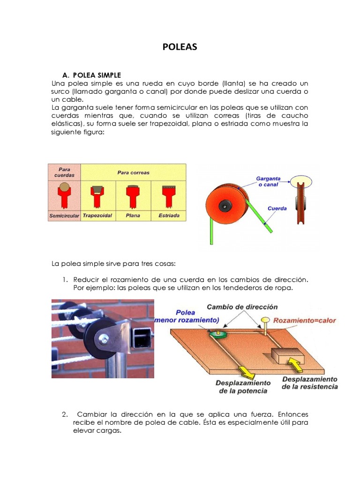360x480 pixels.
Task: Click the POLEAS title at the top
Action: [180, 47]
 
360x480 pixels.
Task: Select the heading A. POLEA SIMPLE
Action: [91, 75]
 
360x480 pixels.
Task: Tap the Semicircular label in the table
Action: [64, 216]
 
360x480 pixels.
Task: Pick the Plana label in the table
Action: [134, 216]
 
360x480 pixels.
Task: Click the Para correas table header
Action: [134, 172]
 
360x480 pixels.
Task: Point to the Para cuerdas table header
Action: [64, 172]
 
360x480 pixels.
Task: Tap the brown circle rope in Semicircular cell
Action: [64, 189]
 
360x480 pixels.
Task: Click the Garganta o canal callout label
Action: [269, 181]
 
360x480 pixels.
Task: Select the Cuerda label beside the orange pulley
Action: [277, 208]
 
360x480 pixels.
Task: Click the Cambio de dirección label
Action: [242, 307]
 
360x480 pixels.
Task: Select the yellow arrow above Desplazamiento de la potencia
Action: [247, 371]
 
